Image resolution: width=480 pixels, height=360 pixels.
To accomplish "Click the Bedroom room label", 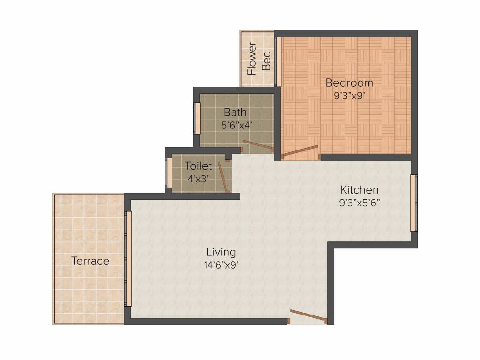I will point(349,83).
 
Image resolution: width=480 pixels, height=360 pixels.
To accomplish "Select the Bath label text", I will point(234,112).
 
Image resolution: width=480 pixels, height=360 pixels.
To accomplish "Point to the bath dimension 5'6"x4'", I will point(237,125).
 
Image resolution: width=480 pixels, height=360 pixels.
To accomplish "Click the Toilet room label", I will point(198,166).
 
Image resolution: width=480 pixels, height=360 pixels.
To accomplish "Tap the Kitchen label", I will point(359,190).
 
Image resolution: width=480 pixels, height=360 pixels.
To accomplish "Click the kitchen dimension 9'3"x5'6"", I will point(359,202).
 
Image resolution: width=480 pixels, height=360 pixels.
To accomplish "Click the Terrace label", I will point(90,261).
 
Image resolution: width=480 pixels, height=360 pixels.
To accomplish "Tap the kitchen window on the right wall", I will point(413,203).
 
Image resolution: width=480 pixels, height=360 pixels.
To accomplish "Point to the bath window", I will point(197,118).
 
